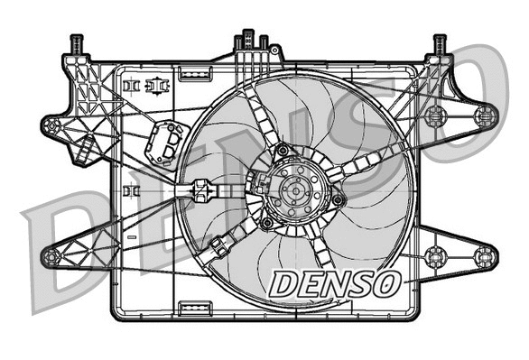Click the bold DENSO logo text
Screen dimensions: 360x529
coord(333,282)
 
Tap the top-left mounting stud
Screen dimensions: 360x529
coord(76,43)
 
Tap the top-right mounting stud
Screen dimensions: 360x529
coord(441,43)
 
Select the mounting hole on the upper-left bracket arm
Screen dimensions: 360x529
coord(52,125)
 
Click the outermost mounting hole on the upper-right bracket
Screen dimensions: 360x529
coord(486,115)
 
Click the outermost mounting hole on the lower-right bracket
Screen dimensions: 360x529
coord(486,254)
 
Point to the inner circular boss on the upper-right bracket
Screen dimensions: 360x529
coord(437,115)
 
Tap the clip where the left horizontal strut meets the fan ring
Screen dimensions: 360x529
coord(200,191)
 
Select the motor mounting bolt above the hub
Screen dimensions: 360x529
coord(282,150)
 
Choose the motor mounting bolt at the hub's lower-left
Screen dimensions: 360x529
coord(267,221)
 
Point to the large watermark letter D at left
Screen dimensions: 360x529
coord(72,244)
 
